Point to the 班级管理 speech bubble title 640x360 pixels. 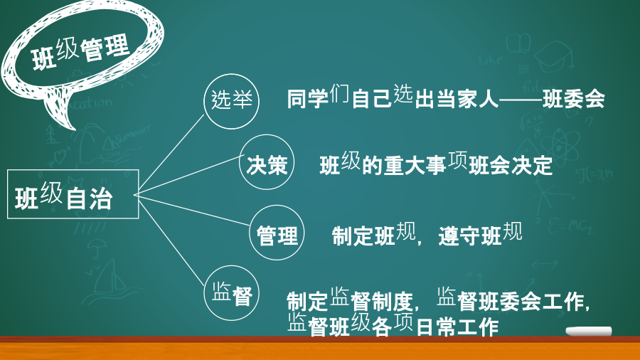coord(81,52)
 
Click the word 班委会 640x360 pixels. coord(573,100)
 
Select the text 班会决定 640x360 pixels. coord(511,166)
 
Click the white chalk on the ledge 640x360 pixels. coord(589,331)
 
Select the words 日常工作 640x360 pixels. coord(457,327)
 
